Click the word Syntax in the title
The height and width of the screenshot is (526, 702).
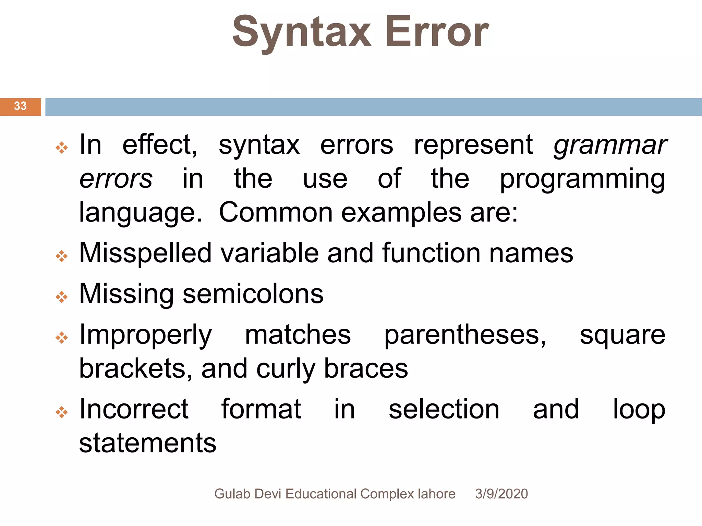point(302,33)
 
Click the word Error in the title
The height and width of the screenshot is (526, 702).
point(437,33)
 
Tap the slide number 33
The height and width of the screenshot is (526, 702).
point(20,106)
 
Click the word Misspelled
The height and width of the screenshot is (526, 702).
point(145,253)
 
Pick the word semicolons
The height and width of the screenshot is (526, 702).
point(253,294)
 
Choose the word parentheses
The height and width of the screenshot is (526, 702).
point(465,335)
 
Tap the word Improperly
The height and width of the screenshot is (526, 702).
point(145,335)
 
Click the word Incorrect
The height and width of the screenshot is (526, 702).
point(134,409)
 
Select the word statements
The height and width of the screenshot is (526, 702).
point(148,443)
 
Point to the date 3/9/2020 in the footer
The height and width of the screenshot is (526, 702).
point(501,494)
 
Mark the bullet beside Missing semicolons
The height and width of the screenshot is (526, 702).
point(62,297)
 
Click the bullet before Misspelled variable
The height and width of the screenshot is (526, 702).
point(62,256)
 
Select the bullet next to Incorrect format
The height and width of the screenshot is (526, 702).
point(62,412)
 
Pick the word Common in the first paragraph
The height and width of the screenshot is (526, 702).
point(276,212)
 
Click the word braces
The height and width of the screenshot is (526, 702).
point(366,369)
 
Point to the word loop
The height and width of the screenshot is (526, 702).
point(639,409)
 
